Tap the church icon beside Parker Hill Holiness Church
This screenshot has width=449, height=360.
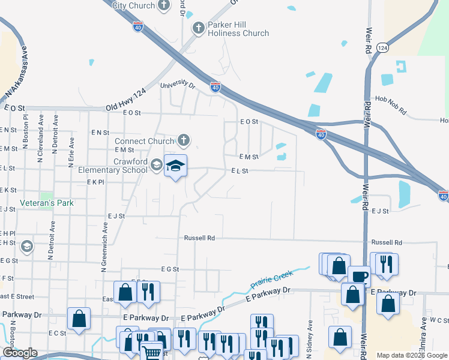pyautogui.click(x=199, y=28)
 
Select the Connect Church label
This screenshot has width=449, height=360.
pyautogui.click(x=144, y=142)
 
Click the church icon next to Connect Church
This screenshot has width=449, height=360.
pyautogui.click(x=184, y=141)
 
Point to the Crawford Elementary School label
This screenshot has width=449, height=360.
pyautogui.click(x=113, y=166)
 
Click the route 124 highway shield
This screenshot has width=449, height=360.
pyautogui.click(x=382, y=47)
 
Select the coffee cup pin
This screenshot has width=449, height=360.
pyautogui.click(x=359, y=277)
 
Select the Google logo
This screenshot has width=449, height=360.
pyautogui.click(x=20, y=353)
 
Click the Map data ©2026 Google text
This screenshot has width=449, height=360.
pyautogui.click(x=412, y=355)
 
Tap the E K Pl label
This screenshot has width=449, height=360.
pyautogui.click(x=95, y=181)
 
